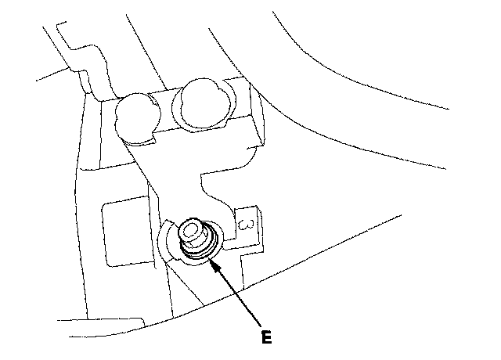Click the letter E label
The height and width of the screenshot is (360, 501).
coord(268,340)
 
